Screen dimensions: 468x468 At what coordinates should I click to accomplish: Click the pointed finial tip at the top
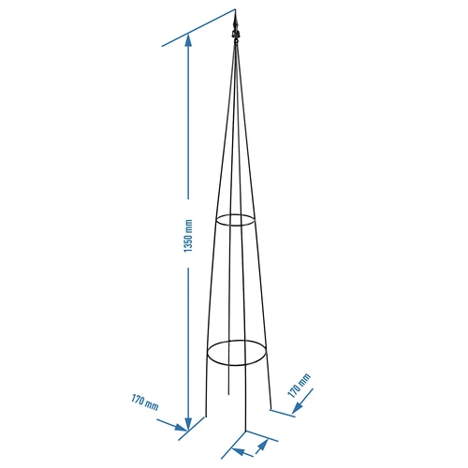click(236, 14)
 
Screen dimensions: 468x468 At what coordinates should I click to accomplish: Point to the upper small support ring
click(235, 221)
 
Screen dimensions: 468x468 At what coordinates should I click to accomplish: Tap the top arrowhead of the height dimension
click(190, 39)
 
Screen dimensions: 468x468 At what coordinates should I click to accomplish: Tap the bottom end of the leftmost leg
click(205, 417)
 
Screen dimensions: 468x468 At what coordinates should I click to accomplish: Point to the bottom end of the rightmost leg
click(270, 408)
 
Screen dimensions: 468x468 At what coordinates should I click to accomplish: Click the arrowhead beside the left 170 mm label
click(183, 430)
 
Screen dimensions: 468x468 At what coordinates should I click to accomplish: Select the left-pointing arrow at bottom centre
click(239, 452)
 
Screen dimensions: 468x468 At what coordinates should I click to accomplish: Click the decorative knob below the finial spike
click(236, 38)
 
